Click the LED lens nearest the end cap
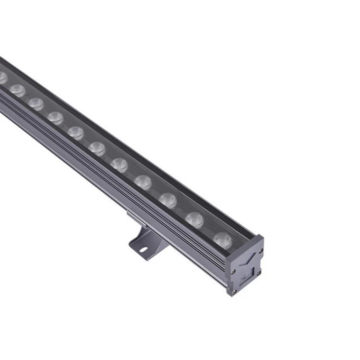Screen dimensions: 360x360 coord(222,240)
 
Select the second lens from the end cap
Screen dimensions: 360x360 coord(194,219)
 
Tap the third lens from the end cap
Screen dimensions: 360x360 coord(168,200)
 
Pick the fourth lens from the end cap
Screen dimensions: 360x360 coord(143,181)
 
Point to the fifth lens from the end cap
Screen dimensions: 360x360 coord(119,165)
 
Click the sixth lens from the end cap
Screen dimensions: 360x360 coord(97,148)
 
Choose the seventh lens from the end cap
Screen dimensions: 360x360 coord(75,132)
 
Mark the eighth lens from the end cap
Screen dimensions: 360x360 coord(55,117)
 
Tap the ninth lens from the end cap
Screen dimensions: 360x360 coord(36,103)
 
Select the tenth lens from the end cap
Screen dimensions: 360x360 coord(17,90)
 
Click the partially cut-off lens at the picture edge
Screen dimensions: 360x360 coord(2,77)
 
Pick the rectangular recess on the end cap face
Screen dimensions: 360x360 coord(257,271)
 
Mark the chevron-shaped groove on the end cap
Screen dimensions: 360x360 coord(249,259)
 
